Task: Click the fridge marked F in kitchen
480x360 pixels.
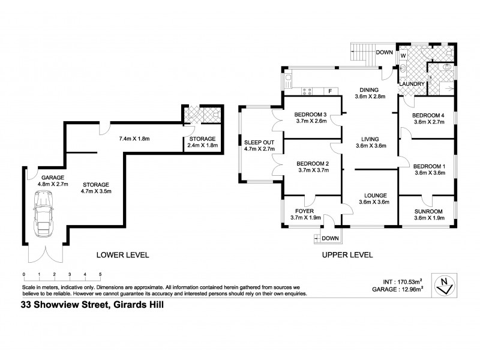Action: [329, 91]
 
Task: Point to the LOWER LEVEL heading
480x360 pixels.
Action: [122, 255]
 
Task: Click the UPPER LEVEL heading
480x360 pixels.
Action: [346, 255]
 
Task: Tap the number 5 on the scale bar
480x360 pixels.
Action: [100, 274]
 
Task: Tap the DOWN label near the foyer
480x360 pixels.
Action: [330, 238]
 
